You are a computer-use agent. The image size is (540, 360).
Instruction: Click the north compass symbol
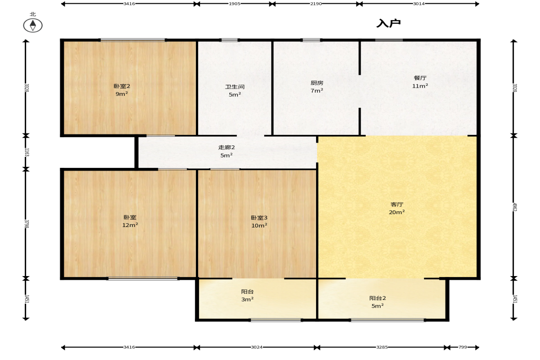coord(33,25)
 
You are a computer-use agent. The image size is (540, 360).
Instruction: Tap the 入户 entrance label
coord(389,23)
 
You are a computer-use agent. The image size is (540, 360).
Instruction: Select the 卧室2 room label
coord(122,86)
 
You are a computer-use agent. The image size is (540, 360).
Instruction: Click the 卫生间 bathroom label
coord(235,87)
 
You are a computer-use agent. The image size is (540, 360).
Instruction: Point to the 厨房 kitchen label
coord(317,83)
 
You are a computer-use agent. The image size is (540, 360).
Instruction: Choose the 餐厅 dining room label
coord(420,78)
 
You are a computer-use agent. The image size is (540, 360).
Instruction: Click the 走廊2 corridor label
coord(227,147)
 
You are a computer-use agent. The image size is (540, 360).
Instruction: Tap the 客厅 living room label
coord(397,205)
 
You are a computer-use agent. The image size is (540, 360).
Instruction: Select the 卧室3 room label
coord(259,217)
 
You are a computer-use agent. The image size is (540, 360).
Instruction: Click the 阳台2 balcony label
coord(378,298)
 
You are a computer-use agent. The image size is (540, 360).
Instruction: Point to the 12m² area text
coord(130,225)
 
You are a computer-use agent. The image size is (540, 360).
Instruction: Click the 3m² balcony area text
coord(247,299)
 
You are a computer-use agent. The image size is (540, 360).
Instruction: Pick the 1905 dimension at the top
coord(234,4)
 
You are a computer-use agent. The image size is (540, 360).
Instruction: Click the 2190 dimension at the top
coord(316,4)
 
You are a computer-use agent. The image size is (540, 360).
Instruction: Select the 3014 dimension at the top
coord(419,4)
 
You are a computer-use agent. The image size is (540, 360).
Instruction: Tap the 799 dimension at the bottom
coord(463,347)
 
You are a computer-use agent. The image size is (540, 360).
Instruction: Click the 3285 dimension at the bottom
coord(382,347)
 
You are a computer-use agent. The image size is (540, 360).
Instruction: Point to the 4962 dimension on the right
coord(514,207)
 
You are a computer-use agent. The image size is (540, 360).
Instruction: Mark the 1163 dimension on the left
coord(27,152)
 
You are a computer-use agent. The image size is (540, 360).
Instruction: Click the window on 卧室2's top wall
coord(133,40)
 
